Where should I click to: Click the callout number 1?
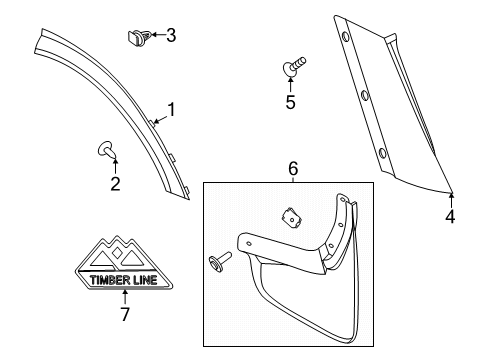click(172, 110)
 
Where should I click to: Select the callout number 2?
click(115, 184)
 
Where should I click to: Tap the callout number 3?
click(171, 35)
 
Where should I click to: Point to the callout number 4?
click(450, 217)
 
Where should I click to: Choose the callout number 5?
click(291, 102)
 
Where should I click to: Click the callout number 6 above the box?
click(293, 169)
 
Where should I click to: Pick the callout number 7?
click(125, 314)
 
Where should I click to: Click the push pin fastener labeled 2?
click(106, 149)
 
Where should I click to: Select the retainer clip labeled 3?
click(139, 37)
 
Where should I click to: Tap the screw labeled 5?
click(294, 66)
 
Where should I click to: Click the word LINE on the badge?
click(145, 280)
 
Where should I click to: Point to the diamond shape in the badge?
click(117, 253)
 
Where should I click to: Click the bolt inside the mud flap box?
click(220, 259)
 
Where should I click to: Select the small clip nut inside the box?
click(291, 218)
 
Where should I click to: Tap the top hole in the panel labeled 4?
click(345, 36)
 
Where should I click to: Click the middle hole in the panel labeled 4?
click(364, 95)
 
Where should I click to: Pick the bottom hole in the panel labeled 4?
click(382, 153)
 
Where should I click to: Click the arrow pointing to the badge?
click(125, 297)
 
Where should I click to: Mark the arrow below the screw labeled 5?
click(290, 84)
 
